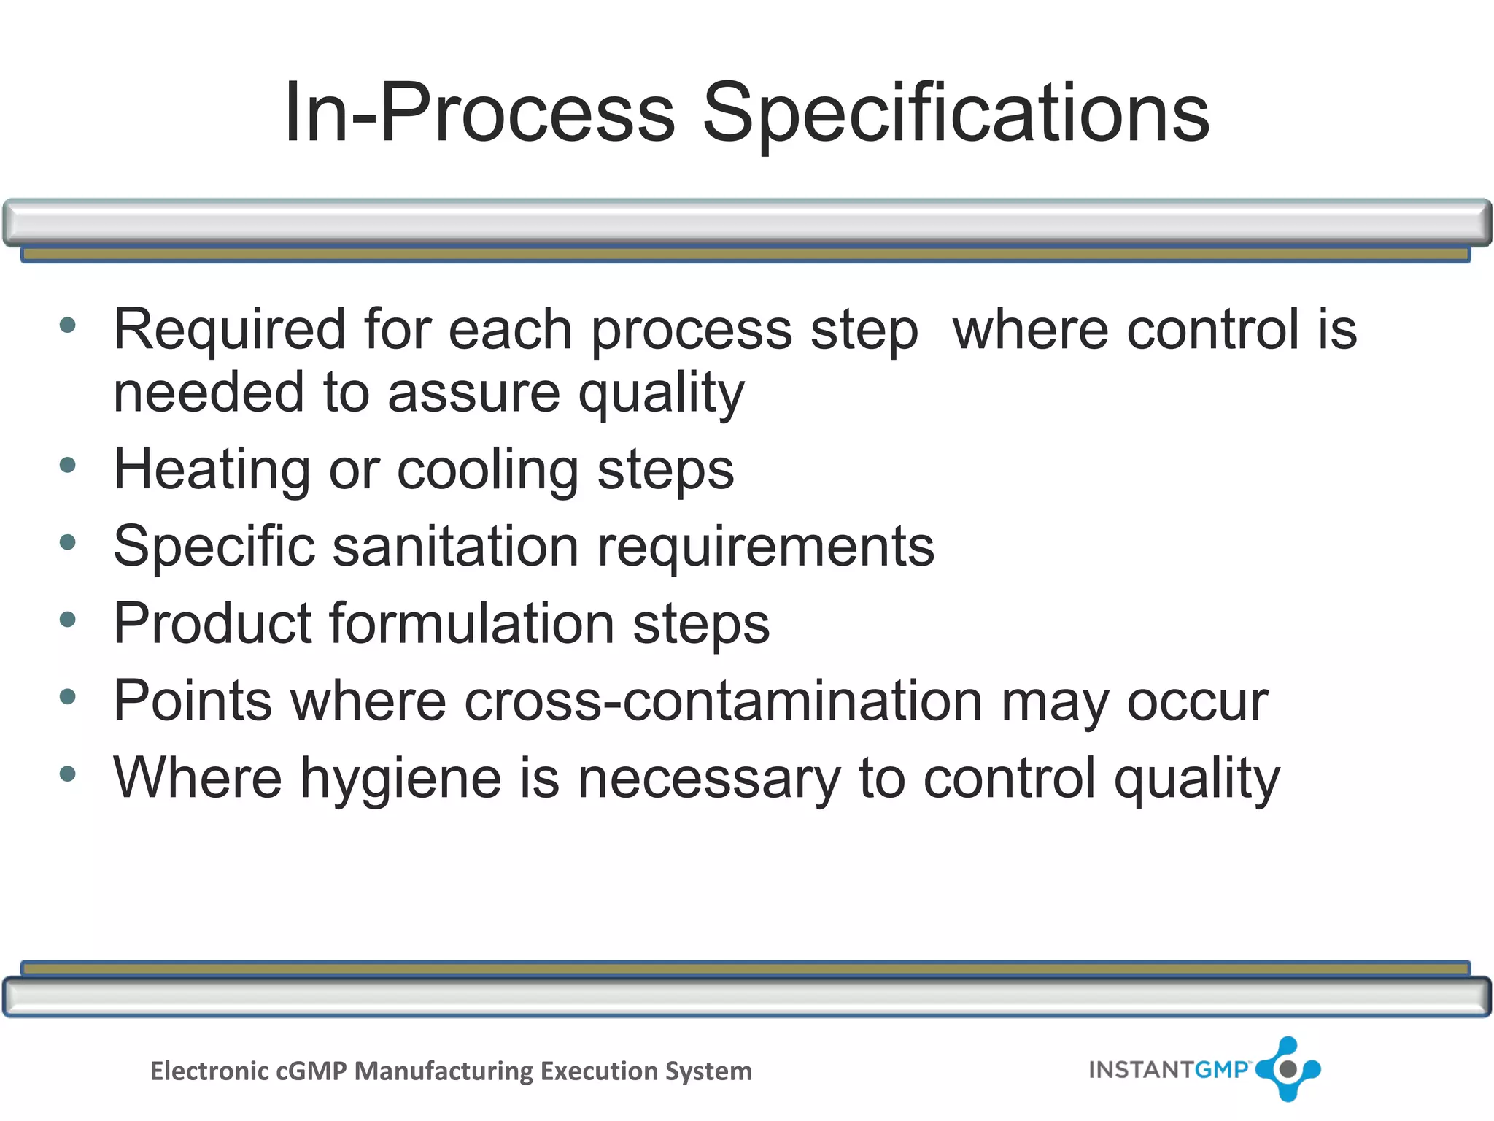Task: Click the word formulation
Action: click(x=472, y=624)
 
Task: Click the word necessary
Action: click(x=709, y=779)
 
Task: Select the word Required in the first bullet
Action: click(x=229, y=330)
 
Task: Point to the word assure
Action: click(x=473, y=393)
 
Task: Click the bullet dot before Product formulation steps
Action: click(x=68, y=620)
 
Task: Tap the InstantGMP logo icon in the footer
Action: click(x=1288, y=1069)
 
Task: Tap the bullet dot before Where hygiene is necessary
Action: click(x=68, y=774)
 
